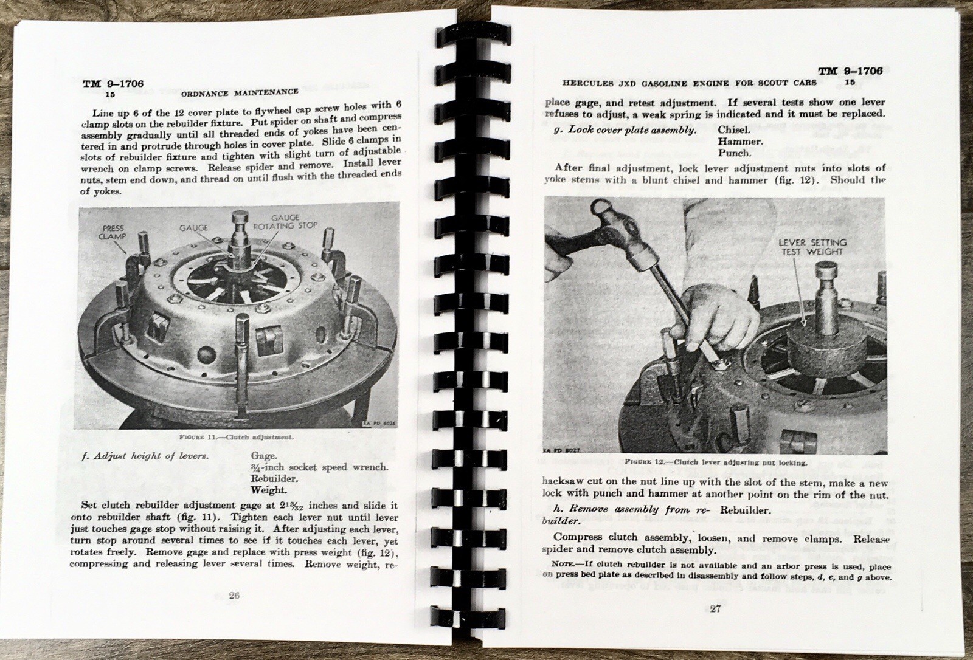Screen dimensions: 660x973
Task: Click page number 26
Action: click(233, 595)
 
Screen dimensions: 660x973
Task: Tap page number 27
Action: click(715, 608)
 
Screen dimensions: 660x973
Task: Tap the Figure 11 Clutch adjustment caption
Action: click(237, 437)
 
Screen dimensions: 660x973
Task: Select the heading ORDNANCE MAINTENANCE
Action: click(240, 92)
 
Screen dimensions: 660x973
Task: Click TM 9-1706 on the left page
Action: click(113, 84)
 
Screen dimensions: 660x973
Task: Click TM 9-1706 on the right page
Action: click(850, 71)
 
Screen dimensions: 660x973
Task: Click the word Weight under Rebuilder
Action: click(268, 490)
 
